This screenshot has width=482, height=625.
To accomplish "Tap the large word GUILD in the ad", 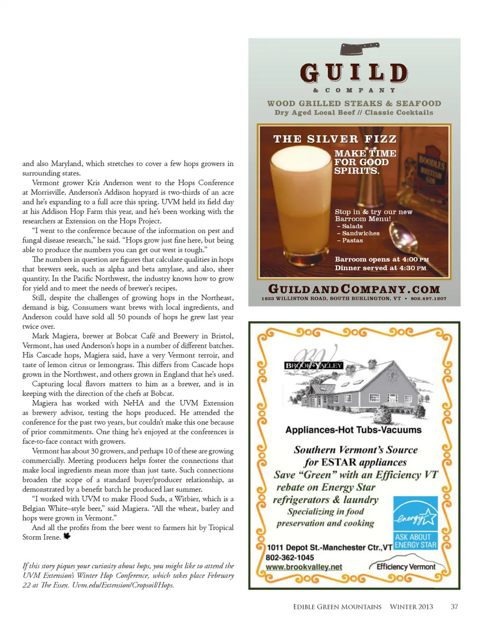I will click(x=354, y=73).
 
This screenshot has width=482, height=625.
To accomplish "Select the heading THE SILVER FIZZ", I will click(x=335, y=139).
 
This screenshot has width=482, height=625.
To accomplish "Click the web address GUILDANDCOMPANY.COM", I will click(x=354, y=289).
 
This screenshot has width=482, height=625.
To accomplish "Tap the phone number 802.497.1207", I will click(x=428, y=299).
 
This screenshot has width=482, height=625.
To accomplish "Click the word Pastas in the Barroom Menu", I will click(x=352, y=240).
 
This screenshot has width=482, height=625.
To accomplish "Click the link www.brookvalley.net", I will click(x=304, y=567).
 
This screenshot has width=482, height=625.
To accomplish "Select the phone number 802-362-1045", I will click(x=290, y=557).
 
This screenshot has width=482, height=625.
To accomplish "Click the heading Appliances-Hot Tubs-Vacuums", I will click(x=353, y=430).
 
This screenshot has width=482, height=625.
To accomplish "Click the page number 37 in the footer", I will click(x=454, y=606).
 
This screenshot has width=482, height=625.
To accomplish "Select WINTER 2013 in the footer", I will click(x=411, y=606).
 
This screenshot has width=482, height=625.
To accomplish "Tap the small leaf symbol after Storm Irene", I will click(x=67, y=536).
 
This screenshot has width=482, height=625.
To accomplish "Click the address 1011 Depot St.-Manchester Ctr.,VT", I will click(x=329, y=547).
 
